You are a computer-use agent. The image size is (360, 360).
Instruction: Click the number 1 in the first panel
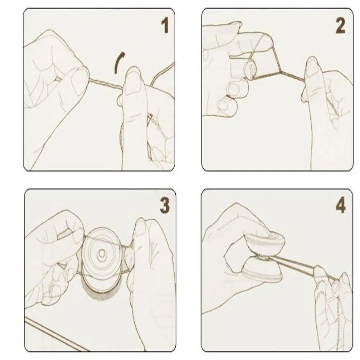[165, 26]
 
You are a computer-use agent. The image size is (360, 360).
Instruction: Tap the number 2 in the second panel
[340, 26]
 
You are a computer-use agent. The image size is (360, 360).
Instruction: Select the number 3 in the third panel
[165, 205]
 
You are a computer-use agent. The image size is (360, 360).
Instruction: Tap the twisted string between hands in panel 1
[106, 84]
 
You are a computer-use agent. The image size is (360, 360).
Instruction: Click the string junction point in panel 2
[280, 72]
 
